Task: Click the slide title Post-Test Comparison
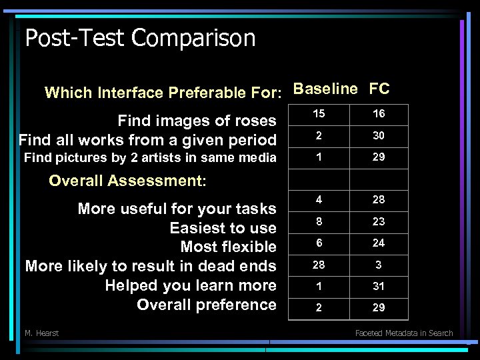[x=140, y=37]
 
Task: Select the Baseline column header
[x=325, y=89]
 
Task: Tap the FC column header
[x=379, y=89]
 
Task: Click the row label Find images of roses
[x=197, y=121]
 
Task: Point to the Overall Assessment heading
[x=128, y=181]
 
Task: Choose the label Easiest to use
[x=223, y=228]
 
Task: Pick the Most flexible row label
[x=228, y=247]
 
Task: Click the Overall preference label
[x=206, y=305]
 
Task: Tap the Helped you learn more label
[x=191, y=285]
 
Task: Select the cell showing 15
[x=319, y=114]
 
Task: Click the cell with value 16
[x=379, y=114]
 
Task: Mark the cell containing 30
[x=379, y=135]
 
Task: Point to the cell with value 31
[x=379, y=286]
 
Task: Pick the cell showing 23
[x=379, y=221]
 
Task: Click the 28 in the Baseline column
[x=319, y=265]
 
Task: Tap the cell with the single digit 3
[x=379, y=265]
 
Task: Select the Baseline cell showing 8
[x=319, y=221]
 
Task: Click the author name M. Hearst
[x=41, y=333]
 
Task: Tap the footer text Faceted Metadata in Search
[x=404, y=333]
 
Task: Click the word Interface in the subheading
[x=131, y=93]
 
